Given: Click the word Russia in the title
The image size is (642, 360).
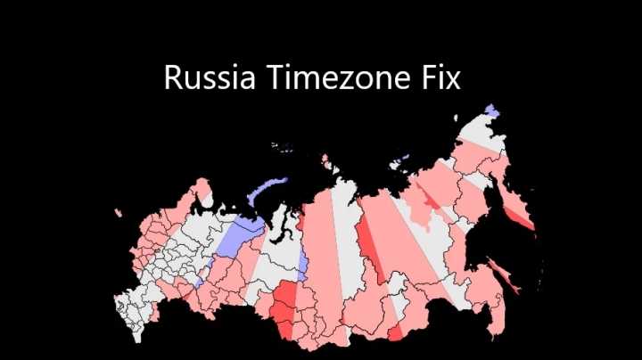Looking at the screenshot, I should [207, 78].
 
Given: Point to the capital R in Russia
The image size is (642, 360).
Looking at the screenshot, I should [173, 78].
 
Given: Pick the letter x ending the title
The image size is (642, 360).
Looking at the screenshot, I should [454, 80].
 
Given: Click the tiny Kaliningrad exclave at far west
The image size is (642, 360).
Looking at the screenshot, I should [118, 212].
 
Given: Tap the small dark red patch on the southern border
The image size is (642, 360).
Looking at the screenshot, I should [395, 331].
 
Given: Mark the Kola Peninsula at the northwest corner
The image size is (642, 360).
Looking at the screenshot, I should [202, 190].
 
